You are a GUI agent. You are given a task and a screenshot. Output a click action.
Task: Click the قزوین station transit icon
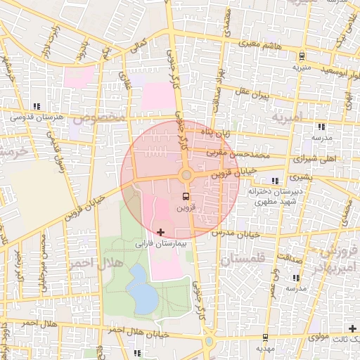[186, 196]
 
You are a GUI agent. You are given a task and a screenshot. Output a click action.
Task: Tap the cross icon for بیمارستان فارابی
[161, 232]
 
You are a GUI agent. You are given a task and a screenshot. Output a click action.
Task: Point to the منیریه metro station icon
[302, 56]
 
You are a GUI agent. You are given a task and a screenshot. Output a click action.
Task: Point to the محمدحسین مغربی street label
[239, 152]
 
